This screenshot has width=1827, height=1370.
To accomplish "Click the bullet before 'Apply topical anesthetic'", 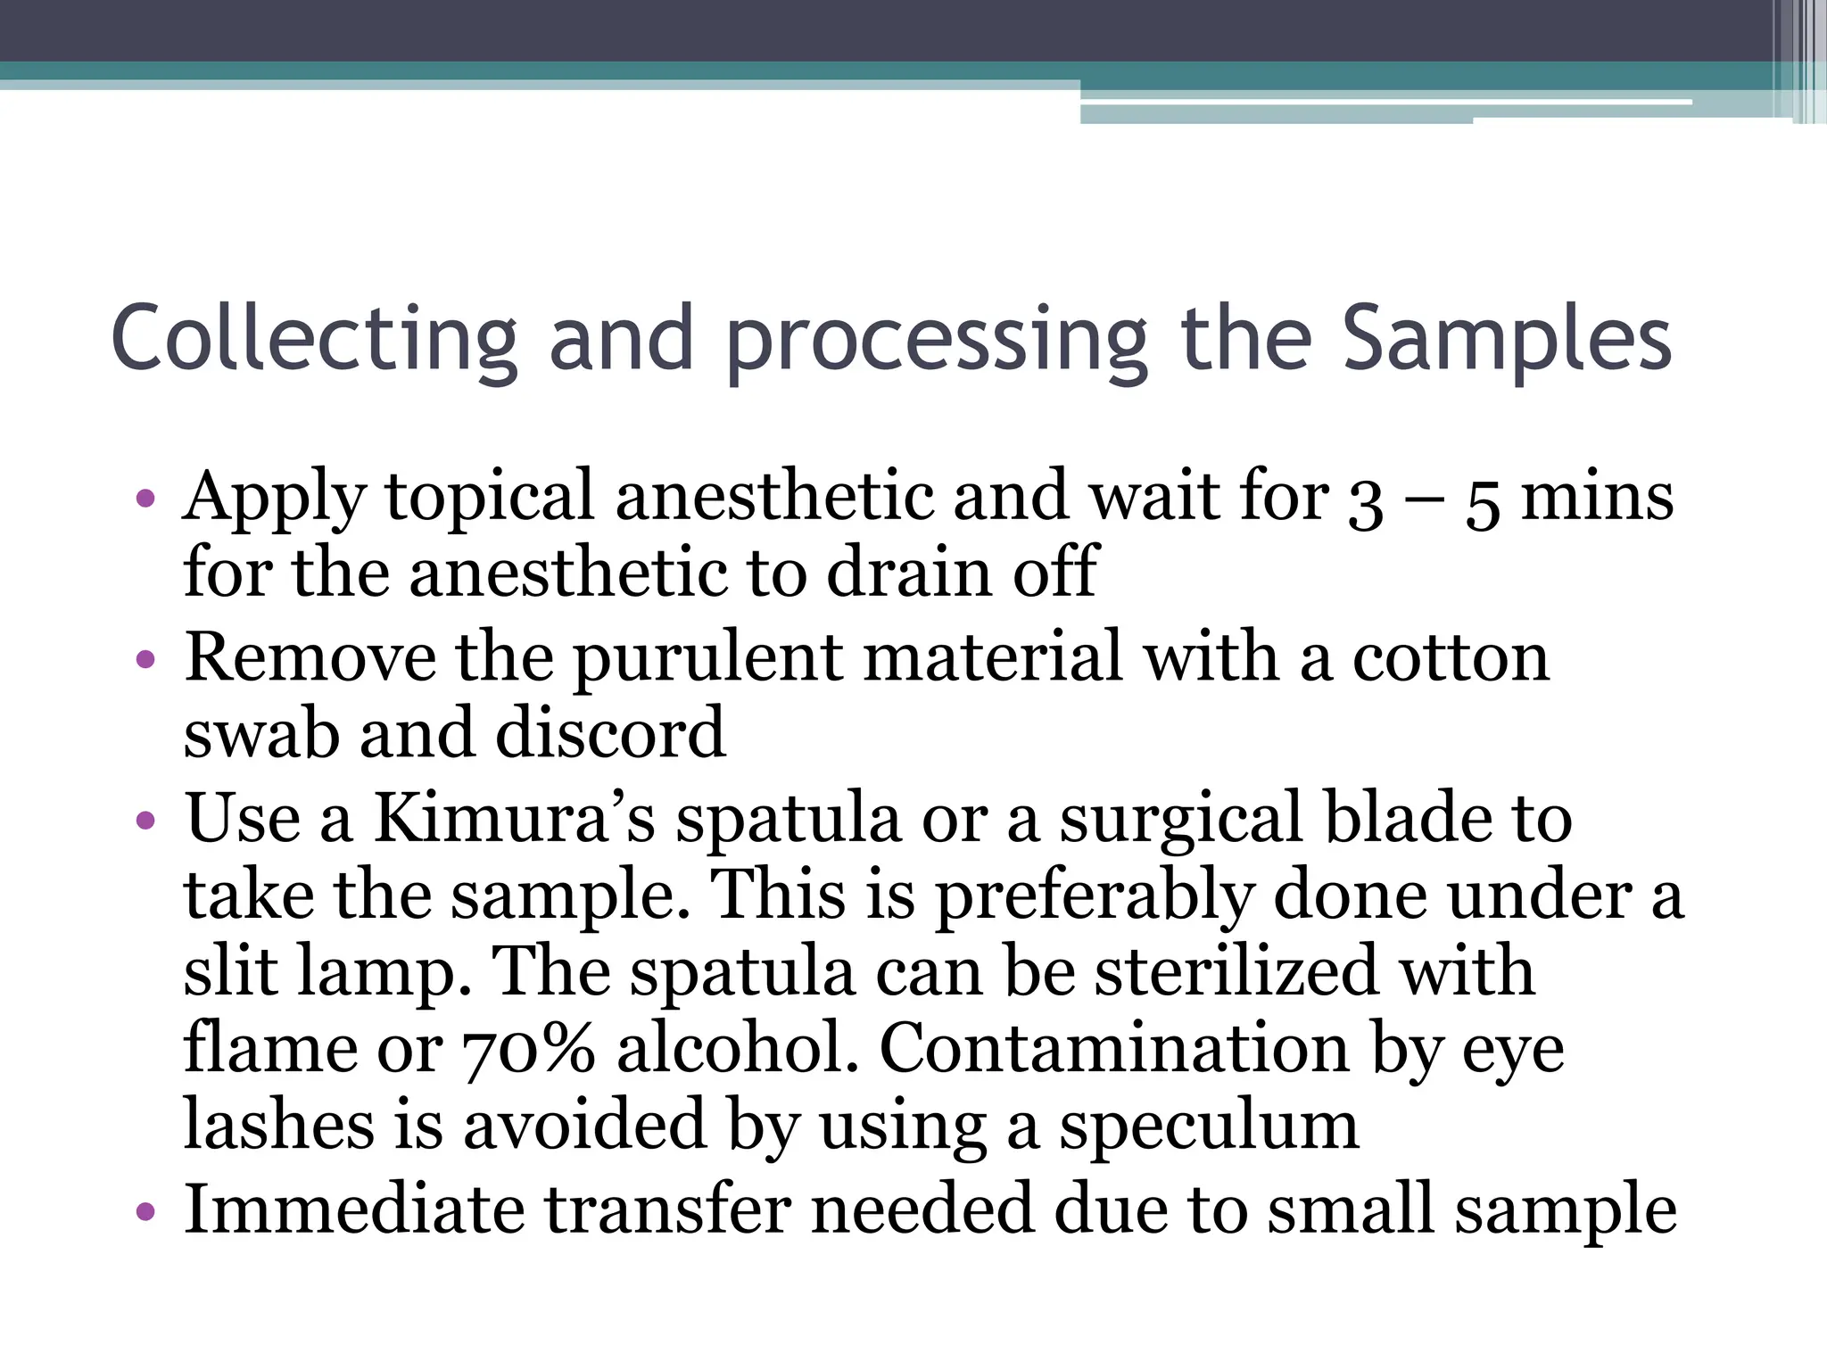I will [x=146, y=499].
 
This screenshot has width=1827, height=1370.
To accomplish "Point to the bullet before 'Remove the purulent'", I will [x=146, y=660].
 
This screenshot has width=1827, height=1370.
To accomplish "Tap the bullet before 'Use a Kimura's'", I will [x=146, y=821].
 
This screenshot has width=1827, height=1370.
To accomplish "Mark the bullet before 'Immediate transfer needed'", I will [x=146, y=1212].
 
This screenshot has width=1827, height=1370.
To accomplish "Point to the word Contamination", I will [x=1114, y=1047].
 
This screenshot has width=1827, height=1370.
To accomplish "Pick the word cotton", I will [x=1451, y=658].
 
